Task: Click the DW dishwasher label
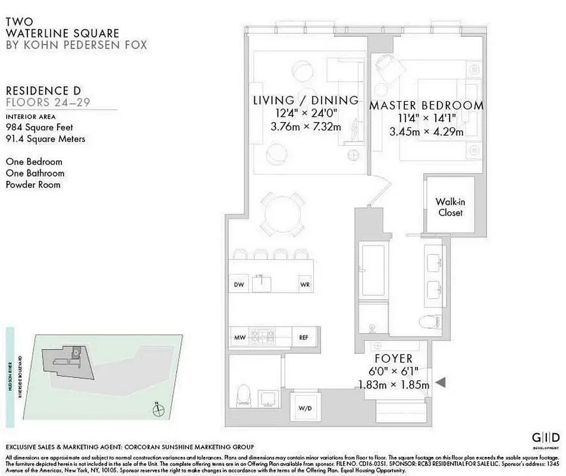[x=239, y=284]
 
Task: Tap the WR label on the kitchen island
[x=305, y=284]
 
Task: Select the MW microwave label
[x=240, y=337]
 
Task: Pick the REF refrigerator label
[x=304, y=337]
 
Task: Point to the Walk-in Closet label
[x=449, y=207]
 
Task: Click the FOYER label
[x=394, y=359]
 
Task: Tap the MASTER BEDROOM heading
[x=426, y=106]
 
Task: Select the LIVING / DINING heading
[x=306, y=100]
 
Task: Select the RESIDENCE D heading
[x=43, y=90]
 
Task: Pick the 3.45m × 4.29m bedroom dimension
[x=426, y=131]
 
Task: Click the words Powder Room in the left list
[x=33, y=184]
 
